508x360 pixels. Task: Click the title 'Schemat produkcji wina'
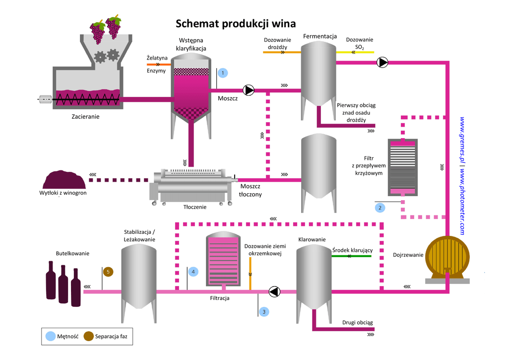click(236, 24)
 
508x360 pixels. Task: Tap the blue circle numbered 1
click(223, 73)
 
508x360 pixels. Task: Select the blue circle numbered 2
click(381, 208)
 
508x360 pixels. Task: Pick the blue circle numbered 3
click(264, 312)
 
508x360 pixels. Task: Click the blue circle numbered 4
click(193, 272)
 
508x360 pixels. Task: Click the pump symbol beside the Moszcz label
click(249, 90)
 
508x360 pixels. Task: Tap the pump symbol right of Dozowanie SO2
click(382, 63)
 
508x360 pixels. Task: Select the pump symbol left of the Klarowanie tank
click(274, 291)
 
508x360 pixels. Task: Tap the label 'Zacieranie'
click(85, 117)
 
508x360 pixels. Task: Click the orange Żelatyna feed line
click(158, 64)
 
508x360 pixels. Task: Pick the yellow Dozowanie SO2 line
click(355, 52)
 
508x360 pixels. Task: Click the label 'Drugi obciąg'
click(357, 323)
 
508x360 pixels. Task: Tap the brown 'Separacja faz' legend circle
click(89, 336)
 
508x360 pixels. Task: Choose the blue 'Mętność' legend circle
click(51, 336)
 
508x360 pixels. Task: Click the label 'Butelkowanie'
click(72, 253)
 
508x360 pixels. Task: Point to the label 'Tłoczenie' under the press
click(194, 207)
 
